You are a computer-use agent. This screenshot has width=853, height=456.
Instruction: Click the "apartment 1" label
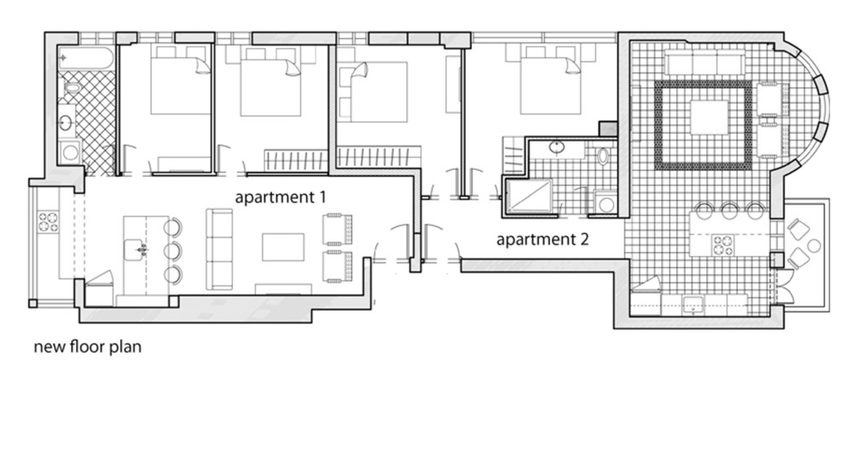point(280,196)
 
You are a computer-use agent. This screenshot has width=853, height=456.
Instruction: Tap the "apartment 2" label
point(543,238)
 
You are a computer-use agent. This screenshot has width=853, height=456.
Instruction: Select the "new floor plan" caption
point(88,347)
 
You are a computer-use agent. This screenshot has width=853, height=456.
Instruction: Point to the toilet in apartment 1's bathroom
point(72,86)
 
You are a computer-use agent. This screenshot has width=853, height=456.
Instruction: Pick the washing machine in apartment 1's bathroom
point(70,152)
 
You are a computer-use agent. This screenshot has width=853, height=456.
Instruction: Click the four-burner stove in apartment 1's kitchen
point(48,222)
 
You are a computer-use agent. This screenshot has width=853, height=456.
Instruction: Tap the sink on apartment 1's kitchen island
point(136,250)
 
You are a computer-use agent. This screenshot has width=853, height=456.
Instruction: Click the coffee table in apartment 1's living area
point(283,248)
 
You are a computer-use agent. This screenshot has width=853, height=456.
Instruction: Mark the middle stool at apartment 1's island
point(173,250)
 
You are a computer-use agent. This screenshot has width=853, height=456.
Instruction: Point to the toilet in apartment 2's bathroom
point(603,155)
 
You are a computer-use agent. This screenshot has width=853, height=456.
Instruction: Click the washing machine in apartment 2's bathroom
point(606,202)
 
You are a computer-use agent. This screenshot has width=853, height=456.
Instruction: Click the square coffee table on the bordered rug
point(710,117)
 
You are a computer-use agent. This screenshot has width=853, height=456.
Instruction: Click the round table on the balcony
point(814,246)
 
